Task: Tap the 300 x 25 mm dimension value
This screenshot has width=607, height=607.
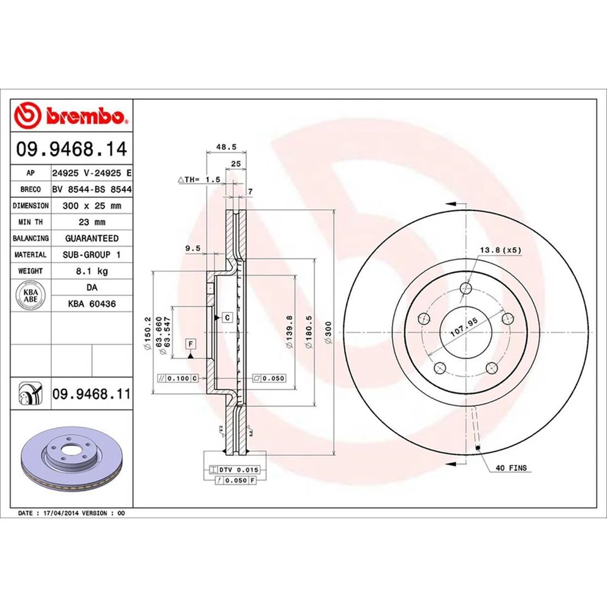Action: point(92,205)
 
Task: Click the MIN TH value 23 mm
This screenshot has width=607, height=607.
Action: point(92,222)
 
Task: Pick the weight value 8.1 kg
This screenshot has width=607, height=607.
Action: point(92,271)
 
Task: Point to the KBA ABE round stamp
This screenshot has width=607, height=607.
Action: point(30,295)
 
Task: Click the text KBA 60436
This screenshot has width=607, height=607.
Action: point(92,303)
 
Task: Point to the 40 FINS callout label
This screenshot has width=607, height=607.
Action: point(510,469)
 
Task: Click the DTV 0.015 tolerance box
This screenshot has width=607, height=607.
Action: point(230,470)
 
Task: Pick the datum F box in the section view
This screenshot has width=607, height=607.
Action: point(189,344)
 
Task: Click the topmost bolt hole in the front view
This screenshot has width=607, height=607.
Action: point(467,289)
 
